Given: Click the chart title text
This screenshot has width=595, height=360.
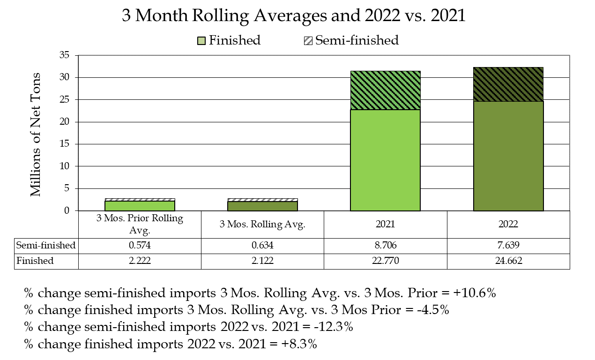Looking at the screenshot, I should [x=294, y=15].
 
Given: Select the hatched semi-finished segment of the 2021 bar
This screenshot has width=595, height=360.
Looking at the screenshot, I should [x=385, y=90].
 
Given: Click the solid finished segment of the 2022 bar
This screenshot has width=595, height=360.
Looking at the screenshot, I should [x=508, y=156].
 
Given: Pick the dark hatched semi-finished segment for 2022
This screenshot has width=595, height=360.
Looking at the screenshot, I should [x=508, y=84].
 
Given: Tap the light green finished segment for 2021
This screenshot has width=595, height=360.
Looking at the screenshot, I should [x=385, y=160].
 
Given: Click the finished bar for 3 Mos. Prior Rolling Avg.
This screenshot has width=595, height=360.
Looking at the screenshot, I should [x=140, y=206].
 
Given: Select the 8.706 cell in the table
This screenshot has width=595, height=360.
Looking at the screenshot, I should [x=385, y=245].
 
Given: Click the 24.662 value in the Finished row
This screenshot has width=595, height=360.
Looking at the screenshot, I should [x=508, y=261].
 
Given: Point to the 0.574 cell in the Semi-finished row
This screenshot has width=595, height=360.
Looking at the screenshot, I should [x=140, y=245].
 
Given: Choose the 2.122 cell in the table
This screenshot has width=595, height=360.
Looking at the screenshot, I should [x=262, y=261].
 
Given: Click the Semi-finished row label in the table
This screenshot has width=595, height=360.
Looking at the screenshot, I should [x=46, y=245].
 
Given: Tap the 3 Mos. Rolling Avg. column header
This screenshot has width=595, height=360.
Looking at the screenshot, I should [x=262, y=224].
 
